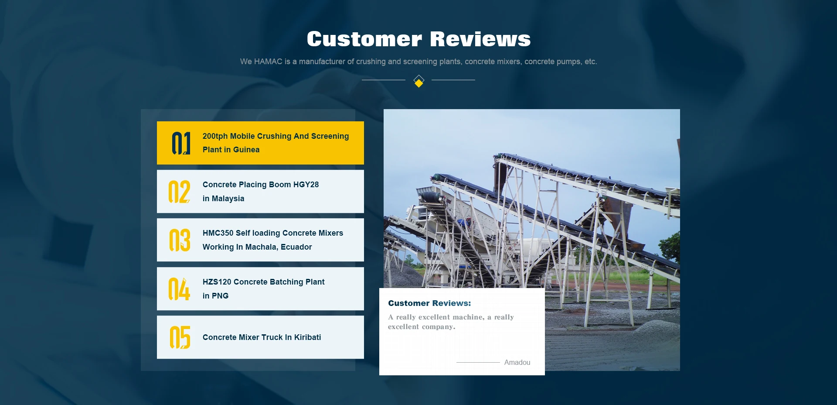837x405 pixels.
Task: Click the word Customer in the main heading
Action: (x=364, y=39)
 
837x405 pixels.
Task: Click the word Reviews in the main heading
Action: (x=480, y=39)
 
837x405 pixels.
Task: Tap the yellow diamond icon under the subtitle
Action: (x=418, y=81)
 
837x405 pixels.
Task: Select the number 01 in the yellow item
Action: (x=181, y=143)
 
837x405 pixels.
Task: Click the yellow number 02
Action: (x=179, y=192)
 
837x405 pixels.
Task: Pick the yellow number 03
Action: (x=180, y=240)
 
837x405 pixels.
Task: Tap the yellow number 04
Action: (x=179, y=289)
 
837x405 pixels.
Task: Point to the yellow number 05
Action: (x=180, y=337)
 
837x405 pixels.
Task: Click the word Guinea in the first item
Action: (x=246, y=150)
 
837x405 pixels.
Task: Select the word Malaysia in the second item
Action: (x=228, y=199)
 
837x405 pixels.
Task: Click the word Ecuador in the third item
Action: (x=296, y=247)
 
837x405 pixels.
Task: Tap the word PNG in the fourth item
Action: (x=220, y=296)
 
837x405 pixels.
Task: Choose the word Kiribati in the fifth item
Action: (x=307, y=337)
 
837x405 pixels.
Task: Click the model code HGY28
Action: (x=306, y=185)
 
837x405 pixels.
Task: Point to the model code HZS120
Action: (x=217, y=282)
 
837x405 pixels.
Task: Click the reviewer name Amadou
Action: (x=517, y=362)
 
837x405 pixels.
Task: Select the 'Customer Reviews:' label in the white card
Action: (x=429, y=303)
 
